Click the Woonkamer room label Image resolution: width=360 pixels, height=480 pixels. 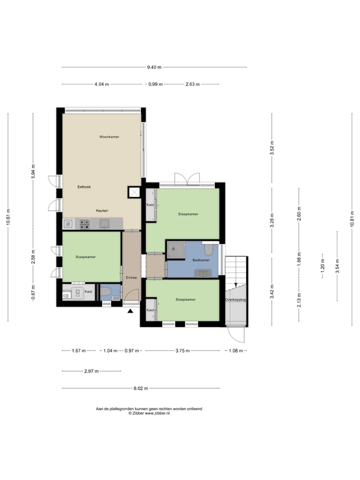[109, 137]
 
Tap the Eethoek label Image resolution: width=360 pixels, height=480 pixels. [84, 187]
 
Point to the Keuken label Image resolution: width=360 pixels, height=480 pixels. [102, 211]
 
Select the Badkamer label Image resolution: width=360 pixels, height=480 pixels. [201, 260]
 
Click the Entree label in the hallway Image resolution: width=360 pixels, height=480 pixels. [131, 278]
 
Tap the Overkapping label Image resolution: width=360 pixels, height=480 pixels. [235, 299]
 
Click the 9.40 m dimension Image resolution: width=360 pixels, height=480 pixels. [154, 67]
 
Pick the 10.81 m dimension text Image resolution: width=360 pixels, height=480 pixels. [352, 219]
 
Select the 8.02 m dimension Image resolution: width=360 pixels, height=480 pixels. [141, 388]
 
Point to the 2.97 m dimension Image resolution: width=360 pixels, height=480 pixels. [92, 371]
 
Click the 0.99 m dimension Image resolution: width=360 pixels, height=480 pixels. [155, 84]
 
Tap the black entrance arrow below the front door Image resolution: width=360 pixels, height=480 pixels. [131, 311]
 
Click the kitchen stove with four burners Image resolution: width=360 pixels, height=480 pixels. [85, 224]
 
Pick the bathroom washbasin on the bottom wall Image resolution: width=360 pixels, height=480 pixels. [203, 273]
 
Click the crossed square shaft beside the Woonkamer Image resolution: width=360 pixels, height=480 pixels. [134, 192]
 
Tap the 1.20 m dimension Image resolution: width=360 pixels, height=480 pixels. [322, 266]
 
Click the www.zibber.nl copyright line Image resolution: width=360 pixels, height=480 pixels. [149, 413]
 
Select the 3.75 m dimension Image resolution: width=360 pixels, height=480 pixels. [182, 351]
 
